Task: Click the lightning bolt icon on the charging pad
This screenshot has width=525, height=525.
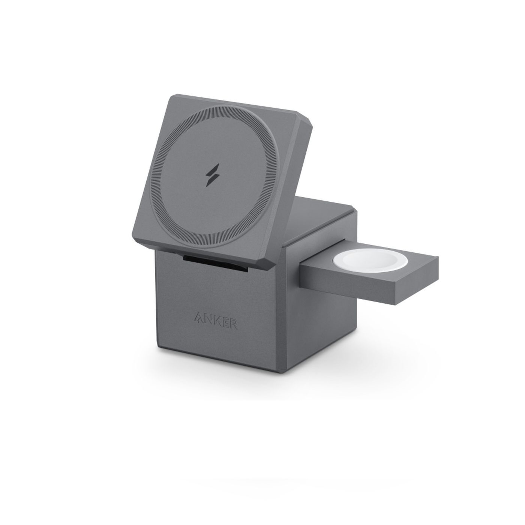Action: pyautogui.click(x=213, y=175)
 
